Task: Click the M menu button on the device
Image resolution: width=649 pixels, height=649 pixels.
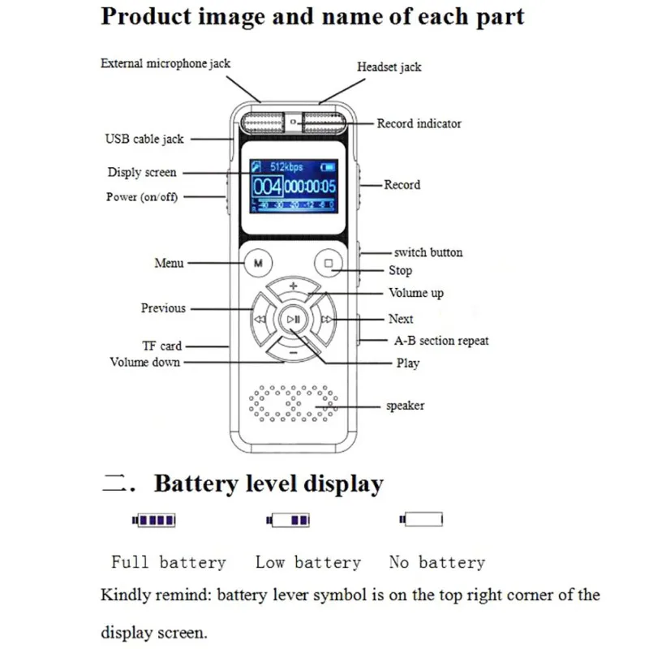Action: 258,263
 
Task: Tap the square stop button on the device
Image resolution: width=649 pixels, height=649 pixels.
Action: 329,263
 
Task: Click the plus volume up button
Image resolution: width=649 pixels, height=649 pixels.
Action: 293,287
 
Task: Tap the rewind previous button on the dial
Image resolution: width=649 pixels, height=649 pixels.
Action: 260,319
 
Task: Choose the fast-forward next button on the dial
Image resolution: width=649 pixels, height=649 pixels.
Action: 326,319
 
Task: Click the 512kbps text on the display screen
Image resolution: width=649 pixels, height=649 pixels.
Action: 286,167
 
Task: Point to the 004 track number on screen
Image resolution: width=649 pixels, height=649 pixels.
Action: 268,187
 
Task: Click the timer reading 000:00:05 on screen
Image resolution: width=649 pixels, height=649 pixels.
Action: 310,187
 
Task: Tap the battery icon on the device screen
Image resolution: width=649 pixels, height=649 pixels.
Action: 328,167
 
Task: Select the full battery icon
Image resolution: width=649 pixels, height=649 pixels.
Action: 154,520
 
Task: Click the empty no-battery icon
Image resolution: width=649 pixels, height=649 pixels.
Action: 421,519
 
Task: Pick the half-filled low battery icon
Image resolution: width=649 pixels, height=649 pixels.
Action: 288,520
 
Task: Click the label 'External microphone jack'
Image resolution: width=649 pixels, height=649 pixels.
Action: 165,63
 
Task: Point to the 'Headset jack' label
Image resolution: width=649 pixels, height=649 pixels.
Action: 389,67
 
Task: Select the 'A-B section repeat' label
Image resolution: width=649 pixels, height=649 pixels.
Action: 441,341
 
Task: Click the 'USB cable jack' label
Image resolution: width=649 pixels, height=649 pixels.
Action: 144,139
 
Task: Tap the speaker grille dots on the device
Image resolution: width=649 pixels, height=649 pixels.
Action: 293,403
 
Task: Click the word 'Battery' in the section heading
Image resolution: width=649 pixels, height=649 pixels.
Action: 196,484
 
